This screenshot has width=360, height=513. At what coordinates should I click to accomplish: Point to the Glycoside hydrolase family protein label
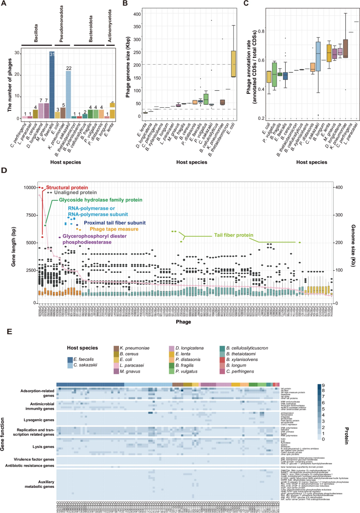tap(98, 200)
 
